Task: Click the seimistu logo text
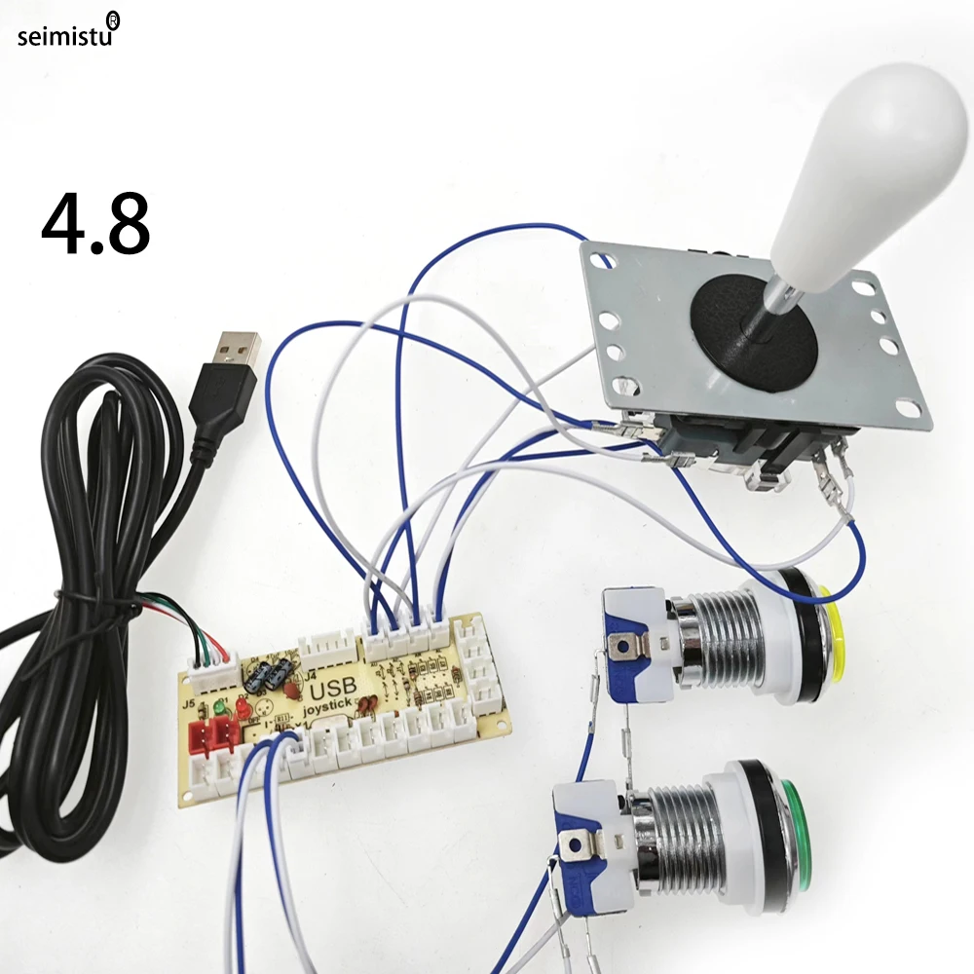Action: [x=66, y=36]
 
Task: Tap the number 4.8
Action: [x=95, y=226]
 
